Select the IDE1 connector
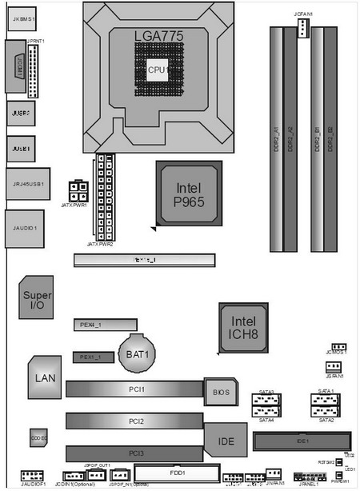pyautogui.click(x=302, y=441)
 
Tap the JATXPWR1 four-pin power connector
pyautogui.click(x=78, y=191)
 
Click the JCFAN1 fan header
pyautogui.click(x=303, y=29)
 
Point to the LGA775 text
pyautogui.click(x=158, y=35)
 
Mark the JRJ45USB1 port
pyautogui.click(x=26, y=184)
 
